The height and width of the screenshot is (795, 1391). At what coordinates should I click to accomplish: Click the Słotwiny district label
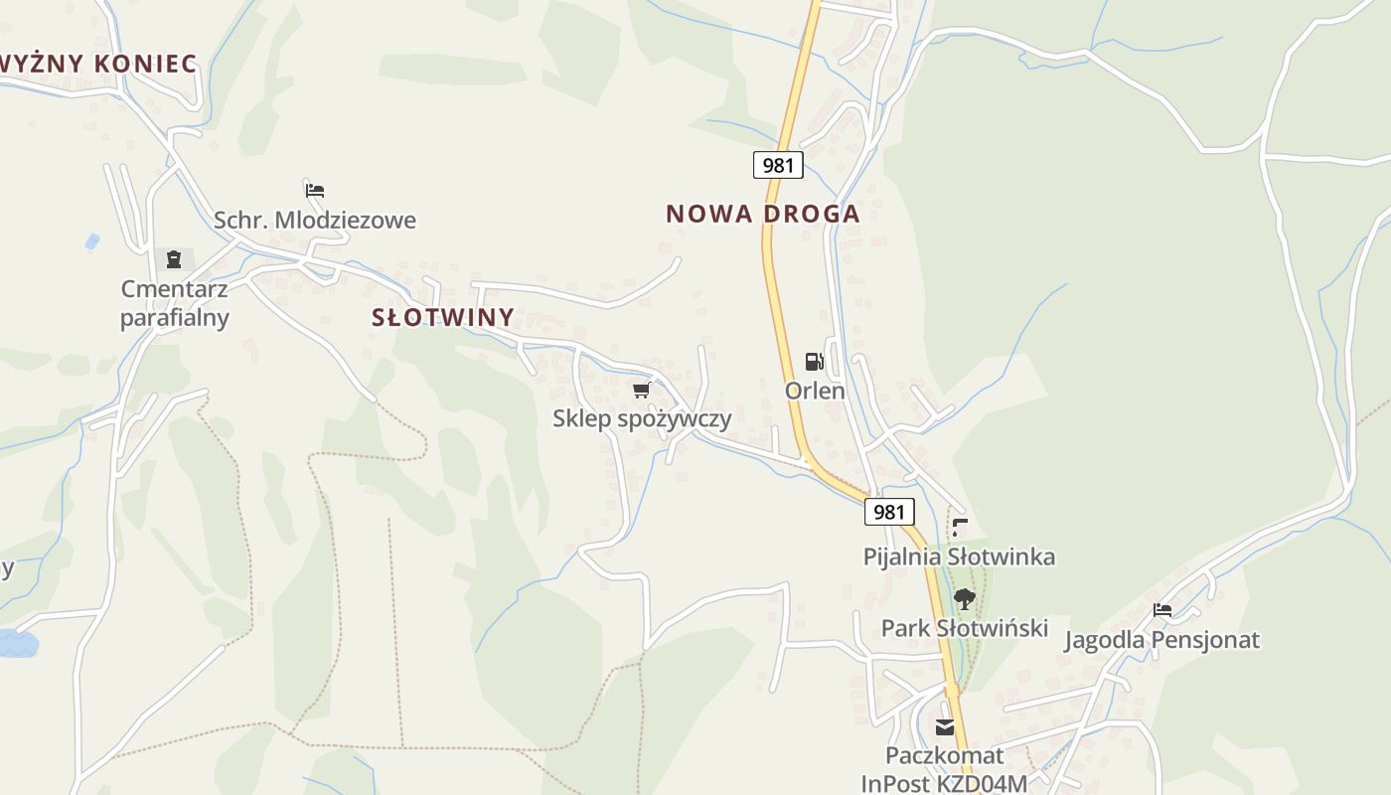(443, 318)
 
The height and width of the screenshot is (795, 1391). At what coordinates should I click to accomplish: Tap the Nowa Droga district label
(762, 214)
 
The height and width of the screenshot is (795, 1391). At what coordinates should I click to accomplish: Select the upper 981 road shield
(778, 165)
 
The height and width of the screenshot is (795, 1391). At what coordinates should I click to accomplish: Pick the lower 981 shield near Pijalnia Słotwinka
(889, 512)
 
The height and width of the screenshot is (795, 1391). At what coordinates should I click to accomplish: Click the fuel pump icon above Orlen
(815, 362)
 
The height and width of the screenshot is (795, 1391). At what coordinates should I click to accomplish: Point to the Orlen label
(815, 391)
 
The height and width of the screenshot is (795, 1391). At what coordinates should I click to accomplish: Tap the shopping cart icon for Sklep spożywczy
(641, 390)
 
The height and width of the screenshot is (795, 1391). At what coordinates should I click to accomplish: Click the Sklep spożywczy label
(642, 418)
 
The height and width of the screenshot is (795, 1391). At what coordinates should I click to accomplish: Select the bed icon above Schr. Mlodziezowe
(315, 190)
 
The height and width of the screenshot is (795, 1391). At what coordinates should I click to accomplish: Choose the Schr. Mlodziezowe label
(315, 221)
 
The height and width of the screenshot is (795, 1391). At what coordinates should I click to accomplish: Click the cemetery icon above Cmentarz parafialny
(175, 259)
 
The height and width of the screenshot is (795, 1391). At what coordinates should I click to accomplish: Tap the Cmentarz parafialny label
(175, 303)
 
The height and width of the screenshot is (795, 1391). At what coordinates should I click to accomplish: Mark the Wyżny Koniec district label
(97, 64)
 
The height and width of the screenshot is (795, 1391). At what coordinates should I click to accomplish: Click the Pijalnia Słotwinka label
(959, 556)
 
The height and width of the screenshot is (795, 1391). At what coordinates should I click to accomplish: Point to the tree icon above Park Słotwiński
(964, 598)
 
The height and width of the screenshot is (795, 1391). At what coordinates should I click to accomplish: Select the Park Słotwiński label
(965, 628)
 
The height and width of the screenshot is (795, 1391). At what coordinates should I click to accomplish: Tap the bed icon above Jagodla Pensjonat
(1162, 609)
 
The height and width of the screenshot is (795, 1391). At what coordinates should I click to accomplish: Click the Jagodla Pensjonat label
(1161, 640)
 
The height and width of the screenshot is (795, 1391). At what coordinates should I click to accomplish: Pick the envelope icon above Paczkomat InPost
(945, 727)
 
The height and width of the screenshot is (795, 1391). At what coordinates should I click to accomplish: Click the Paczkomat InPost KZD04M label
(944, 770)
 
